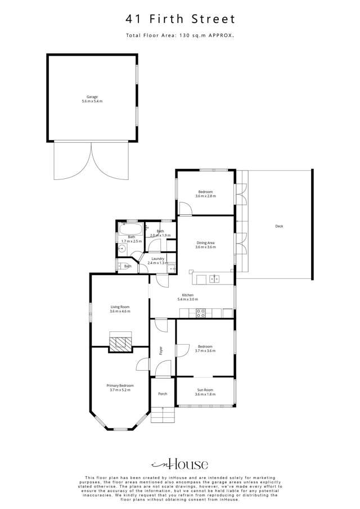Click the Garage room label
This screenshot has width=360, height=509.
pos(92,97)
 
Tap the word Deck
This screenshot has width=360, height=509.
pos(279,226)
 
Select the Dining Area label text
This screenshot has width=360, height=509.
pos(205,242)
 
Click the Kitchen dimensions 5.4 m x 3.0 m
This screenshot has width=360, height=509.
pos(187,300)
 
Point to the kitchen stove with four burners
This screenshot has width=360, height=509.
pos(200,313)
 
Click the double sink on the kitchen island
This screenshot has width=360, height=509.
pos(214,278)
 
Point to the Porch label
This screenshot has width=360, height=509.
pos(163,394)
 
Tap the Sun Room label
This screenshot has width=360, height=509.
pos(205,389)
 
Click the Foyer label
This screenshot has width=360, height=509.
pos(161,350)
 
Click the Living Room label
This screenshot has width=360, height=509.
pos(119,307)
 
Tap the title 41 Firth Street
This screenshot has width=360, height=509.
pos(180,19)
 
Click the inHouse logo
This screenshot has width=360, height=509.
pos(180,464)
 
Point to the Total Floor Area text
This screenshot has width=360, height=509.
pos(180,35)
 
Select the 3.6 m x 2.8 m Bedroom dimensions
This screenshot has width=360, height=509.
pos(205,196)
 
